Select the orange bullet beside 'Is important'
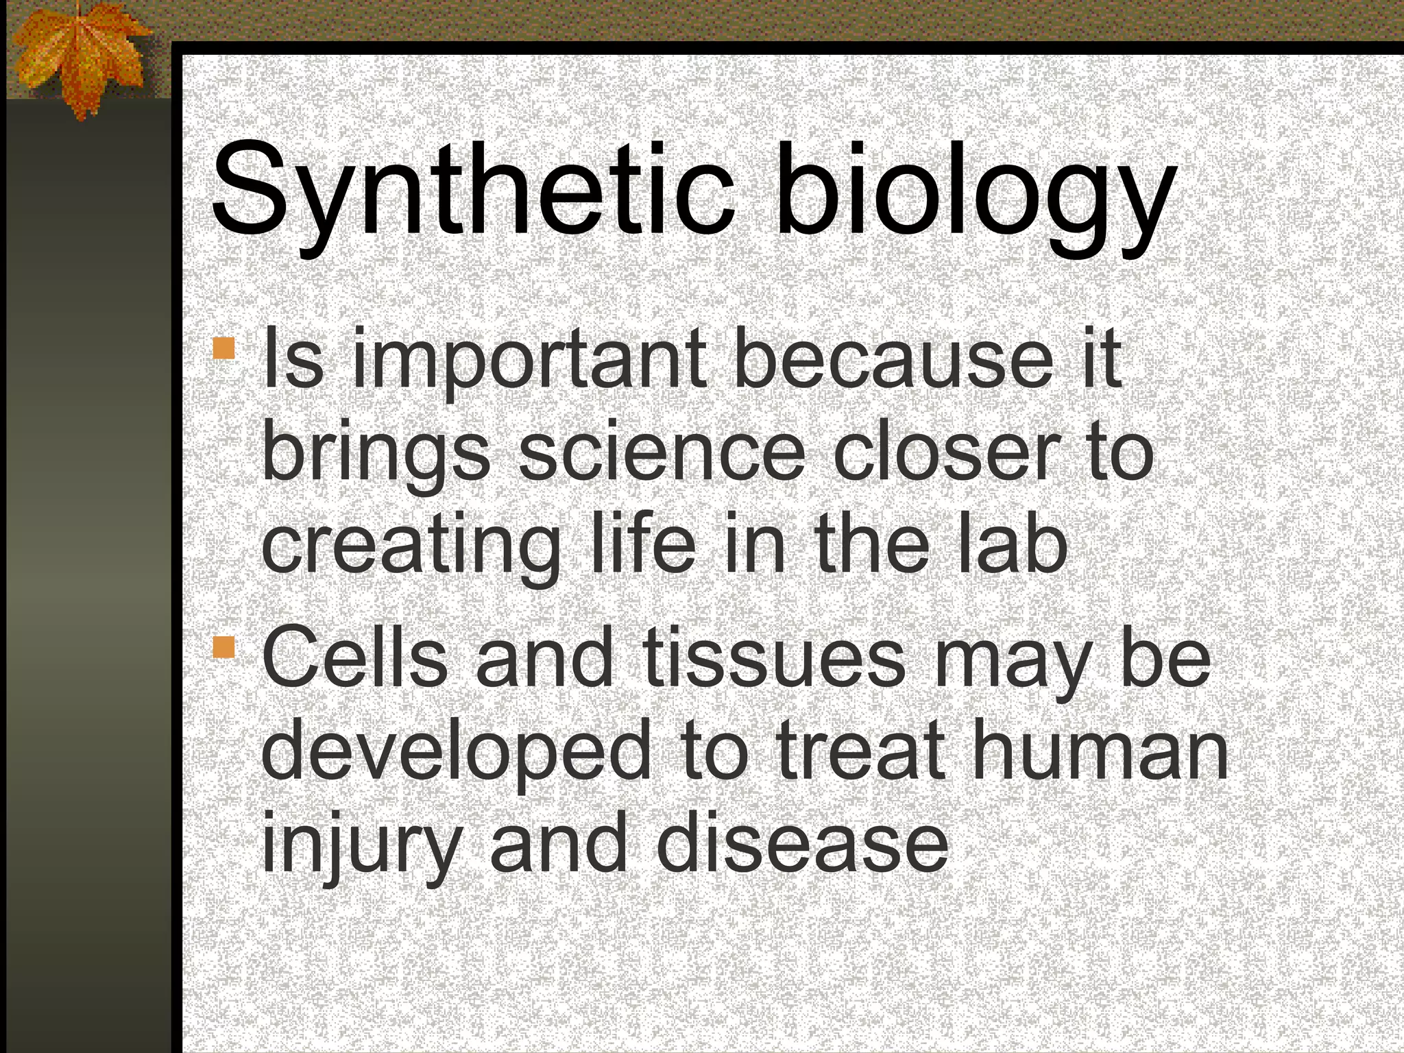(x=223, y=348)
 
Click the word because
(x=891, y=360)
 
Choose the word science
(x=662, y=452)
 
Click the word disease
(x=802, y=843)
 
